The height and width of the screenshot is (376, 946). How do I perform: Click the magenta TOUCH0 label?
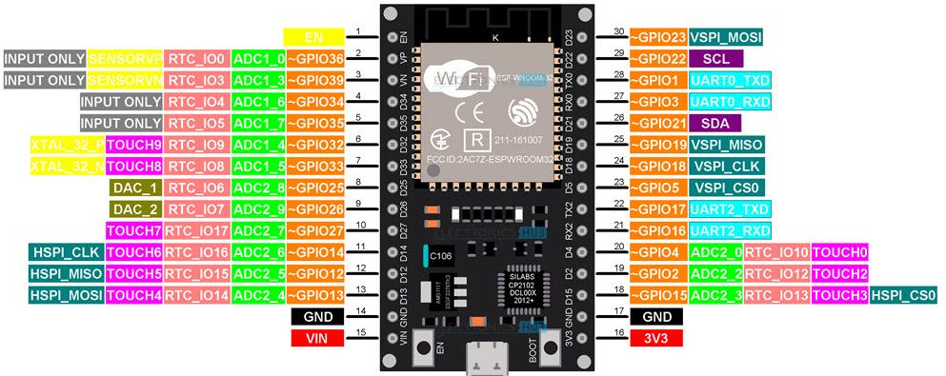[x=841, y=252]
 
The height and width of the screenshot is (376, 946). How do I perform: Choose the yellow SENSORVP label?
[x=125, y=58]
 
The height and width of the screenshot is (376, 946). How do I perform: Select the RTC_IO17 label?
[x=195, y=231]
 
